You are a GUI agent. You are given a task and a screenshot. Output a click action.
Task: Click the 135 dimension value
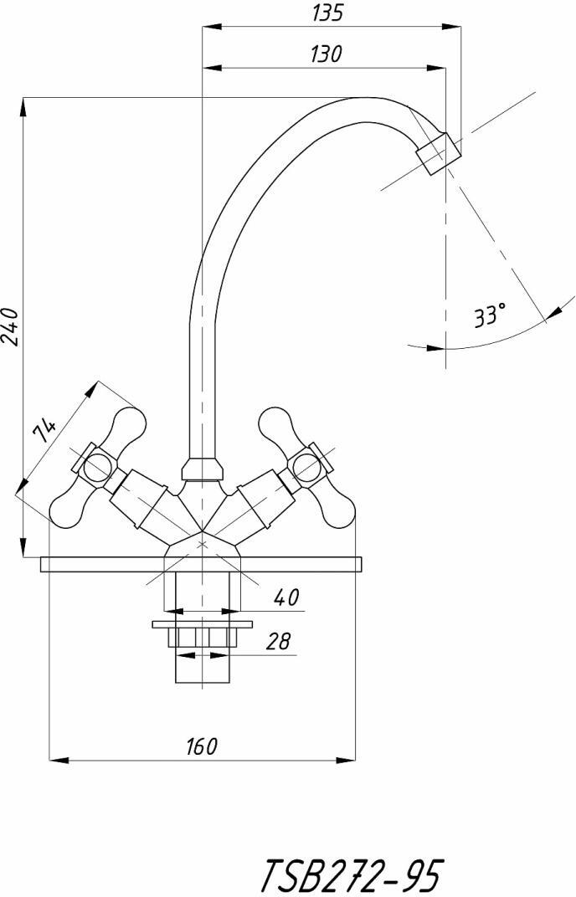tap(327, 12)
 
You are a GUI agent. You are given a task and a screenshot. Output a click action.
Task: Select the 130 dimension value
tap(327, 54)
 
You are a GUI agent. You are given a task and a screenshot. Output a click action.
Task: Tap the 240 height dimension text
tap(11, 326)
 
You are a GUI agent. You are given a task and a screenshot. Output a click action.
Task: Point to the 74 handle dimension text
tap(45, 429)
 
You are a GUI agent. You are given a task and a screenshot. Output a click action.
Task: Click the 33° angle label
tap(490, 315)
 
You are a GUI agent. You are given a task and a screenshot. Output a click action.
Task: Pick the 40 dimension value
tap(286, 597)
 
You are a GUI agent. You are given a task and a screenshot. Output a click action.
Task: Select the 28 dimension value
tap(279, 641)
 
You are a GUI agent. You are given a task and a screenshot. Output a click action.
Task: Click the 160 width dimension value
tap(202, 746)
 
